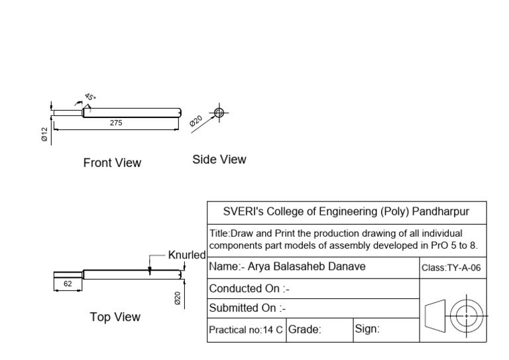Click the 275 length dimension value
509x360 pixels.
point(116,123)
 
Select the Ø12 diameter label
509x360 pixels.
point(44,135)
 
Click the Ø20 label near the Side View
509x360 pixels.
point(196,120)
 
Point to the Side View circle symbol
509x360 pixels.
point(219,113)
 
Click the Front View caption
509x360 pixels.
point(112,162)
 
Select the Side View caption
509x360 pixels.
point(219,159)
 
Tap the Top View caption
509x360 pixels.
point(115,317)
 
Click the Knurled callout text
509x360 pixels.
point(187,255)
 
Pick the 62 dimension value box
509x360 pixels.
point(68,283)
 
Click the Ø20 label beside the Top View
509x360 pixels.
point(178,298)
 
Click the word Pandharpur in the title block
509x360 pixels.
point(441,212)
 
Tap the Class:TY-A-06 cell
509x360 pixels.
point(451,268)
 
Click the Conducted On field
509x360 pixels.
point(249,288)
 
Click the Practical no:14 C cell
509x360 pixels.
point(246,330)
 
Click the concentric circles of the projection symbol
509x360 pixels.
point(467,316)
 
